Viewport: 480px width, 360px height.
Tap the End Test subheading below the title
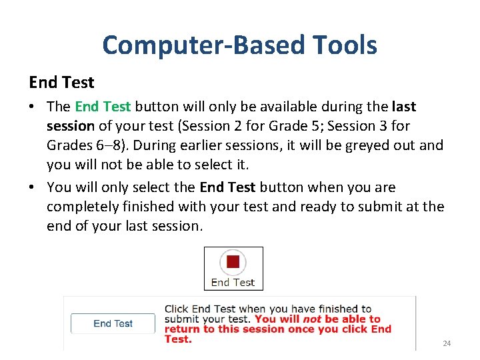(61, 83)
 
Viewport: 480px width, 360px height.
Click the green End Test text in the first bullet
(103, 107)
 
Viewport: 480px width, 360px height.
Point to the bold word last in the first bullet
(404, 107)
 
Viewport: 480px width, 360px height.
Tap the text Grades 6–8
(81, 145)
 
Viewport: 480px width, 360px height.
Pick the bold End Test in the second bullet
(227, 187)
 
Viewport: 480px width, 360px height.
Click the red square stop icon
(233, 261)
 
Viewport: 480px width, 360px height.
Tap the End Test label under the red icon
(233, 282)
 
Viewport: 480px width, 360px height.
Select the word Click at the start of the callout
(177, 309)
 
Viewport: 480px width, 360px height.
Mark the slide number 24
(447, 343)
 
